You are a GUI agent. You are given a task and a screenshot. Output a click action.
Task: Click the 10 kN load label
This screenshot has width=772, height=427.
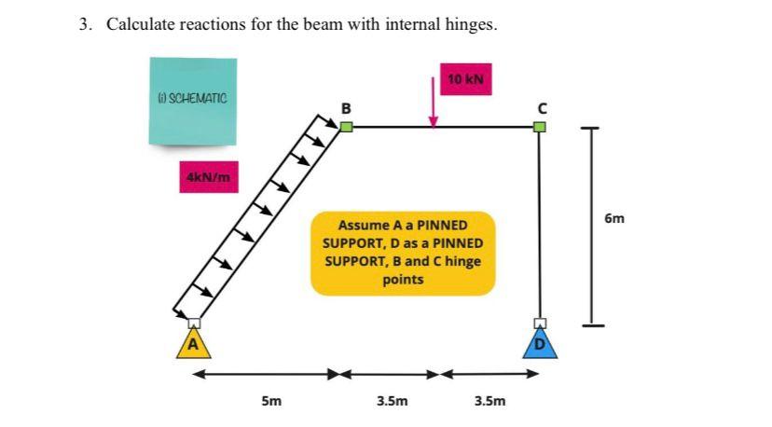point(465,79)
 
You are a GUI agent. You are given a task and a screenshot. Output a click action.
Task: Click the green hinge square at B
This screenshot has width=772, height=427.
point(346,127)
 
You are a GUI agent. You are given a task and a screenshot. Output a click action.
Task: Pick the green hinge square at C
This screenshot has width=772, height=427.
point(539,127)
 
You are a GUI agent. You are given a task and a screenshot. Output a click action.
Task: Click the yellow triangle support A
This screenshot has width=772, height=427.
point(194,344)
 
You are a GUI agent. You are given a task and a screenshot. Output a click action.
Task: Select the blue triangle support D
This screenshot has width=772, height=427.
point(539,344)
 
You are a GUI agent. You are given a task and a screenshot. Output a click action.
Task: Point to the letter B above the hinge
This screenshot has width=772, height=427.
point(346,107)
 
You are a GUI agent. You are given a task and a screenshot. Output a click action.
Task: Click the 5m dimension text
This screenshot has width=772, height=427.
point(270,402)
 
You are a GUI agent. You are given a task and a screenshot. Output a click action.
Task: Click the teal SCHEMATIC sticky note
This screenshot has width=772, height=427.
point(192,100)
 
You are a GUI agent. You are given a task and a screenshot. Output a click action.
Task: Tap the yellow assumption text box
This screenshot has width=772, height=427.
point(402,253)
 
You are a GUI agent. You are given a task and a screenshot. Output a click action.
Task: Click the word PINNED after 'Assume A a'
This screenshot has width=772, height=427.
point(442,226)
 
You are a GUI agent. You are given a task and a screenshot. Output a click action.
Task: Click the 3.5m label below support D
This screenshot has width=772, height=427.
point(490,402)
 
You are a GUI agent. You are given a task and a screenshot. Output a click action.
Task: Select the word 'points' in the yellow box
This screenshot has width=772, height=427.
point(402,279)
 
